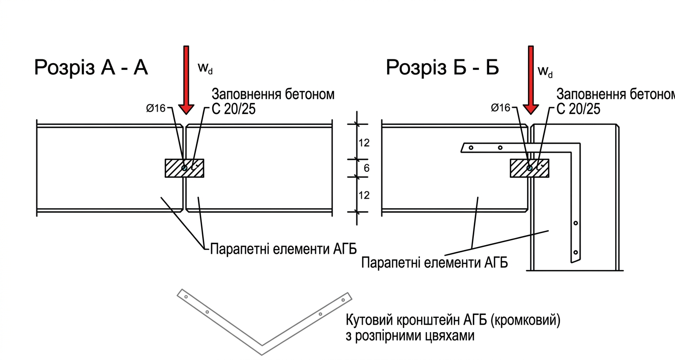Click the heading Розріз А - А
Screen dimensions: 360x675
[91, 68]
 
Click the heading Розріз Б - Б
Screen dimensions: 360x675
[443, 68]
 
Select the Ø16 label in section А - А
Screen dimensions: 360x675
[156, 109]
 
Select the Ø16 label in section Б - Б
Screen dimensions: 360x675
[501, 108]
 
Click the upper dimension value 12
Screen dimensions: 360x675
[364, 143]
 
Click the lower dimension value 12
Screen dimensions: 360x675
[364, 195]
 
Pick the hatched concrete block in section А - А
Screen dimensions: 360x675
[173, 168]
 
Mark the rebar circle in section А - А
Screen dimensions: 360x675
[185, 168]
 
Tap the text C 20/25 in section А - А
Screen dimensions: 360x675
[233, 109]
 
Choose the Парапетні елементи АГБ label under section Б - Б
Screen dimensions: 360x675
[435, 263]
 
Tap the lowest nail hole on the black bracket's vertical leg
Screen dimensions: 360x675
[576, 252]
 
